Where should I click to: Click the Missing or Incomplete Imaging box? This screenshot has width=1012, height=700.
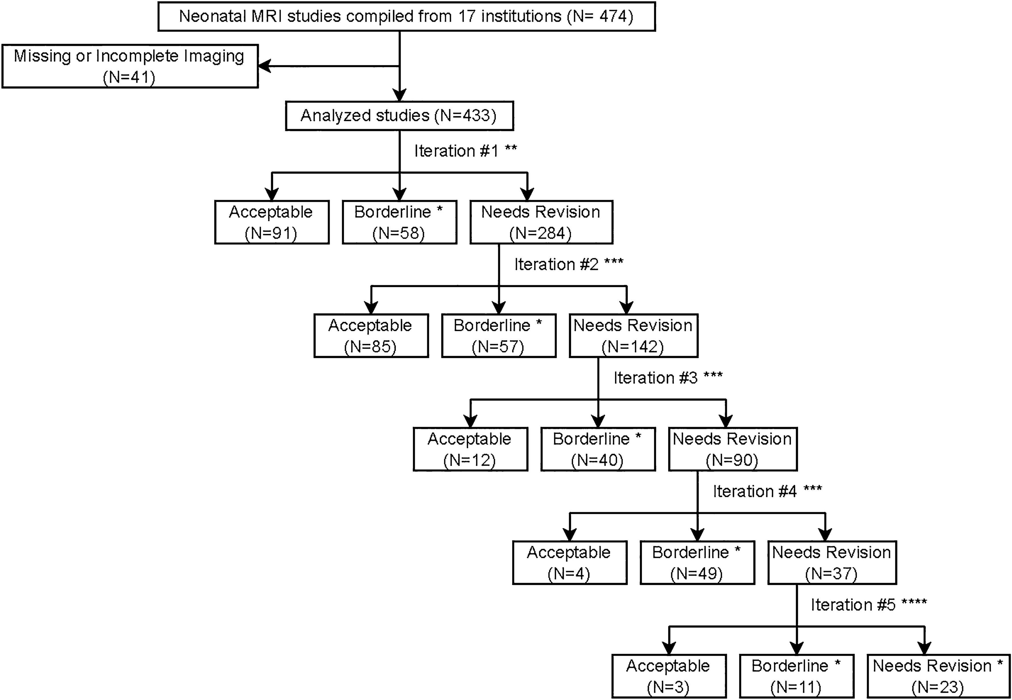[x=130, y=66]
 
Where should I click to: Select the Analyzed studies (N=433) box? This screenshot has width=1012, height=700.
[x=399, y=116]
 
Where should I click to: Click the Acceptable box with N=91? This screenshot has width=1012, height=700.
[x=271, y=222]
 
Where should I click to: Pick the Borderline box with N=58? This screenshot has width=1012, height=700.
[x=399, y=222]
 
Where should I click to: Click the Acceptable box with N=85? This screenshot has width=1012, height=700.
[x=371, y=336]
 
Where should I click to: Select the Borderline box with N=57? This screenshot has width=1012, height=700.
[x=499, y=336]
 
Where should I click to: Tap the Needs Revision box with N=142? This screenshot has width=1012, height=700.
[x=633, y=336]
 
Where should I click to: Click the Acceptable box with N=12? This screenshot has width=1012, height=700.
[x=470, y=449]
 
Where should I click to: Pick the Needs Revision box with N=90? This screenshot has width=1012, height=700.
[x=732, y=449]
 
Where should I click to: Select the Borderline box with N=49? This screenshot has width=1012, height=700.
[x=697, y=563]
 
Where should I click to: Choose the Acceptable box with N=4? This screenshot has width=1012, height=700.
[x=569, y=563]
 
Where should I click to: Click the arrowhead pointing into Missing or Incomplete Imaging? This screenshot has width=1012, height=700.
[x=264, y=66]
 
